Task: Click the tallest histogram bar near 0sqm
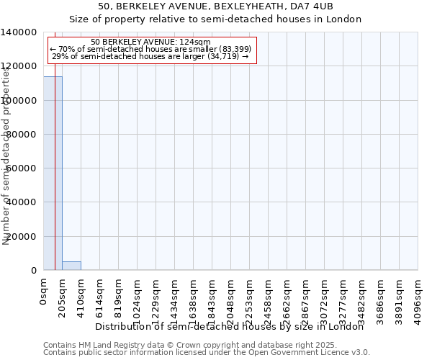[53, 173]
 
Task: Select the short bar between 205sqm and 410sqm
[71, 266]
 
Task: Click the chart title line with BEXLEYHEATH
[215, 6]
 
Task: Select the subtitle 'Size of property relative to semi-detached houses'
[215, 19]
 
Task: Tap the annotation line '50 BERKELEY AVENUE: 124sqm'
[151, 42]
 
